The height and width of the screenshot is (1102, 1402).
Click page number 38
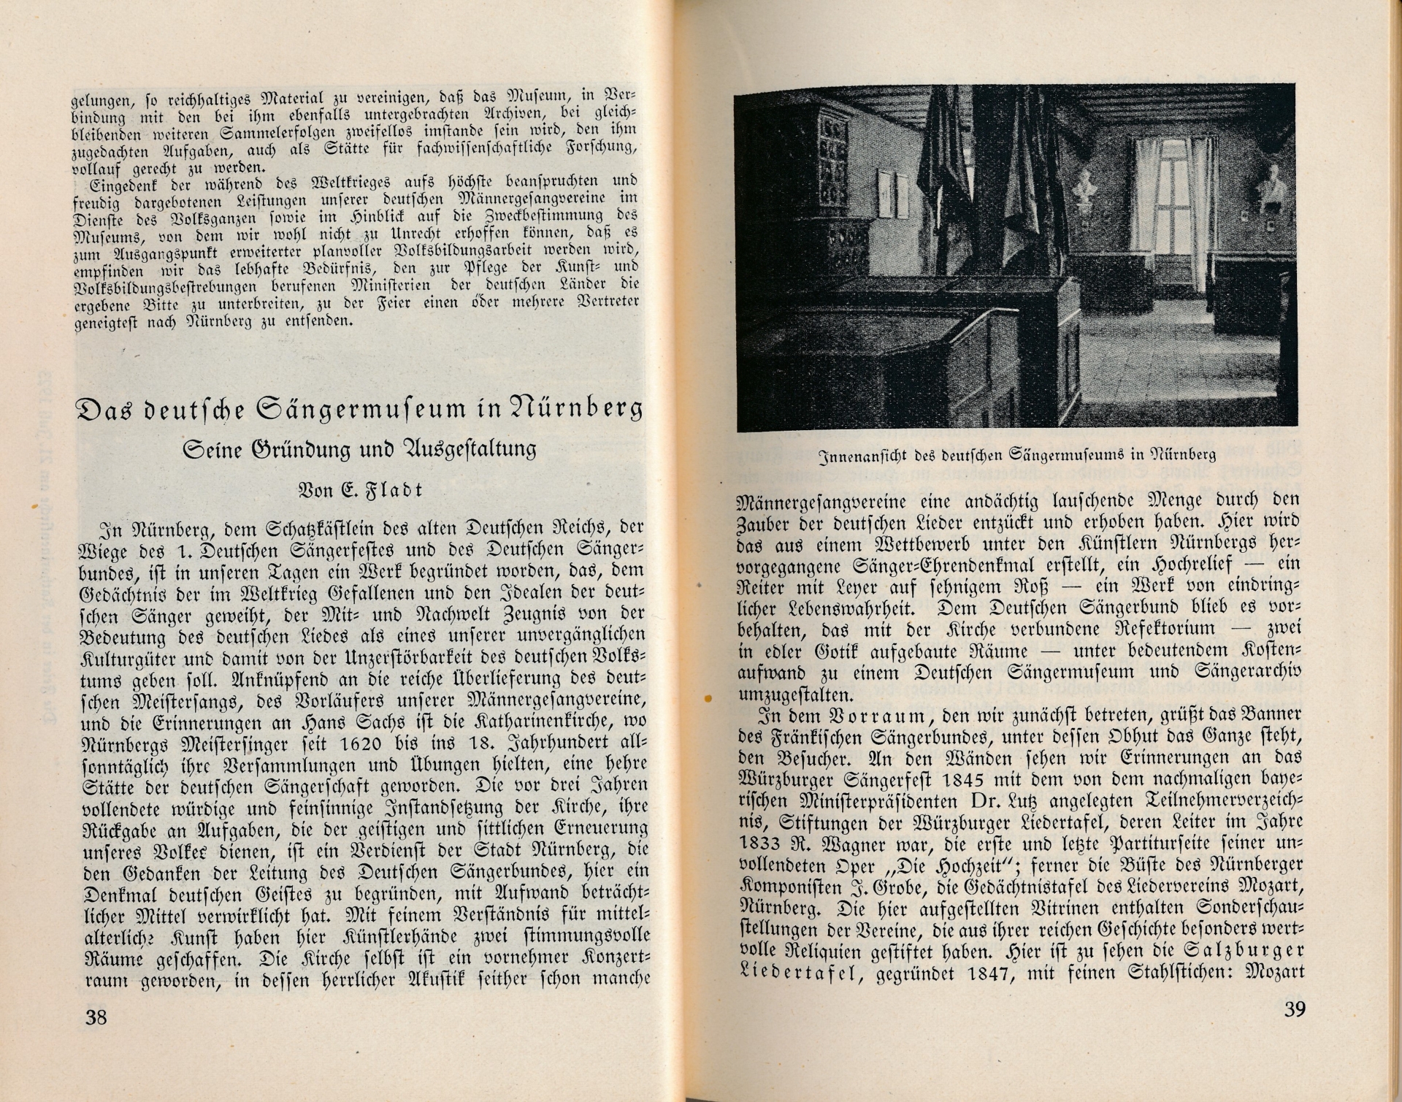pyautogui.click(x=96, y=1017)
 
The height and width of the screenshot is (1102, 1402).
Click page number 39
pyautogui.click(x=1293, y=1010)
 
